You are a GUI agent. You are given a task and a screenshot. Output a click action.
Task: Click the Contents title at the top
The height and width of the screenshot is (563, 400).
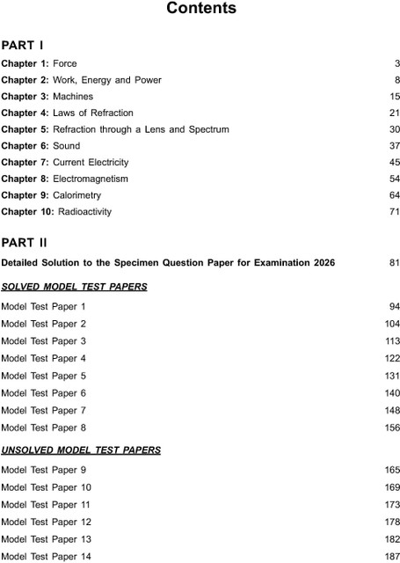pos(200,9)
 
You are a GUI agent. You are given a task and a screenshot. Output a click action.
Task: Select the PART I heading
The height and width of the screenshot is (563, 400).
pos(22,44)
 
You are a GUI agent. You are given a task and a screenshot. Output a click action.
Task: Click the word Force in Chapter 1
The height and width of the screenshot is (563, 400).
pos(65,64)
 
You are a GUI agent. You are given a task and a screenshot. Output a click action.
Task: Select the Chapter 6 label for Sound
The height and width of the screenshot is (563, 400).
pos(25,146)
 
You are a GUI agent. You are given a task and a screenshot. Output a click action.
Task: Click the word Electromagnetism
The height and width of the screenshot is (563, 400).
pos(91,179)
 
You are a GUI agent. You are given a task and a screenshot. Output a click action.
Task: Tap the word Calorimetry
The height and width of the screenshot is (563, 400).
pos(76,195)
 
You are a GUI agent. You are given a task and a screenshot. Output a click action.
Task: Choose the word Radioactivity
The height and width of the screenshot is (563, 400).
pos(84,212)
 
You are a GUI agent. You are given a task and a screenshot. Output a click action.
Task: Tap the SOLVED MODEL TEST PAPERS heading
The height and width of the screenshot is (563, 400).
pos(74,287)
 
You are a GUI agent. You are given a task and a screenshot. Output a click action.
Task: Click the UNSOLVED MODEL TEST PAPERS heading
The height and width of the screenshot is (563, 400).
pos(81,450)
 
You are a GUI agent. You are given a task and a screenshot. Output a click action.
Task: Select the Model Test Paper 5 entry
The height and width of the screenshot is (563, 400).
pos(44,375)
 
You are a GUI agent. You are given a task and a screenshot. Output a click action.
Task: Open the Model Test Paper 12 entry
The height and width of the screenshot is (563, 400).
pos(47,522)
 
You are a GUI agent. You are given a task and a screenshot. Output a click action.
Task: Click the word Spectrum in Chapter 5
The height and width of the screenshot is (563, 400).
pos(209,129)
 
